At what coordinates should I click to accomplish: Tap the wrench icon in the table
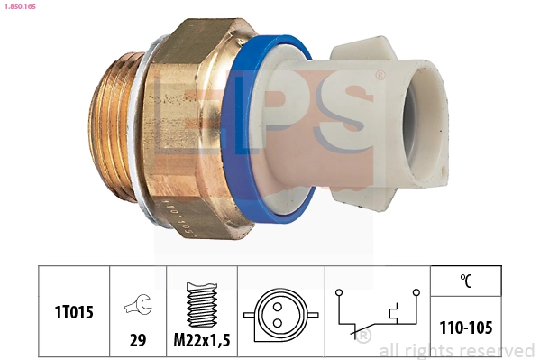tap(137, 307)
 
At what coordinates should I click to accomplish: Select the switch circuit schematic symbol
tap(377, 311)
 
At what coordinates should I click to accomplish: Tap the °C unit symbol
tap(465, 280)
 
